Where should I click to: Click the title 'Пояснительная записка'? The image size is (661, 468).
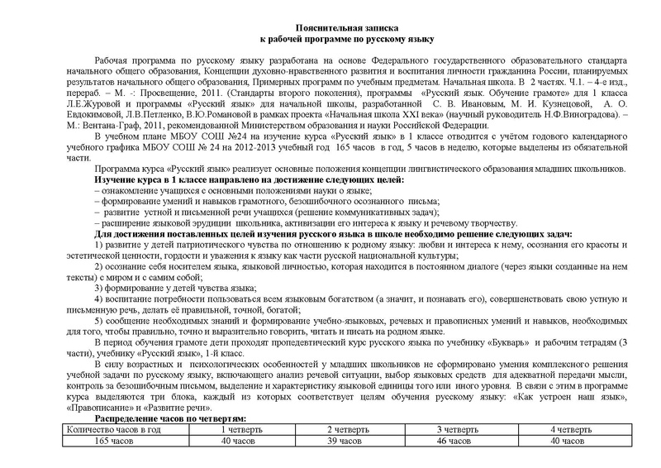point(330,27)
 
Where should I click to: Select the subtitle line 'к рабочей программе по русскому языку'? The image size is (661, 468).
point(330,39)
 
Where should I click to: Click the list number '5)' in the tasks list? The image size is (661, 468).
point(100,318)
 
